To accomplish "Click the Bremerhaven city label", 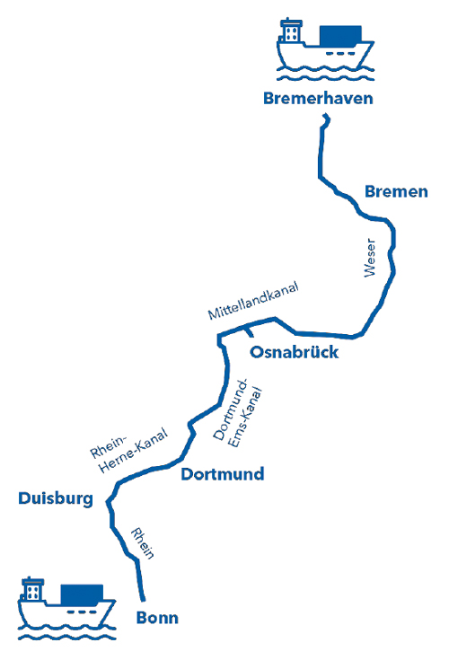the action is [x=318, y=98].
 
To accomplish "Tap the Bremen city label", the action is [x=396, y=191].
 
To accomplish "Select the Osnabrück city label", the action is [x=294, y=352].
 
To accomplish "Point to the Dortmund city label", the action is [x=223, y=474].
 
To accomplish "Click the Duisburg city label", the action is [x=56, y=498].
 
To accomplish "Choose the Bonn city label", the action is [x=157, y=618].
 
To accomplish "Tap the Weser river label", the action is [x=370, y=258].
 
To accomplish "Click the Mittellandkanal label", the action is [x=253, y=300].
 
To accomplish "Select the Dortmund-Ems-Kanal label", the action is [x=237, y=413].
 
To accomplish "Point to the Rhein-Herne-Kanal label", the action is [x=129, y=449].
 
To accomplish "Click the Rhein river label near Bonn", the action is [x=142, y=543].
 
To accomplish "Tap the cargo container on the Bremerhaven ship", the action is [x=340, y=35].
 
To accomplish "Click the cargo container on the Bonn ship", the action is [x=82, y=594].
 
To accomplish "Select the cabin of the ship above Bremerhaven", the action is [x=291, y=31].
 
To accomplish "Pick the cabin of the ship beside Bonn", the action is [x=33, y=590].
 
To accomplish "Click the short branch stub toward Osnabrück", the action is [x=249, y=331].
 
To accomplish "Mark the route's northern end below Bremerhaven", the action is [x=326, y=115].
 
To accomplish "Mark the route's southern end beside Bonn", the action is [x=144, y=600].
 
